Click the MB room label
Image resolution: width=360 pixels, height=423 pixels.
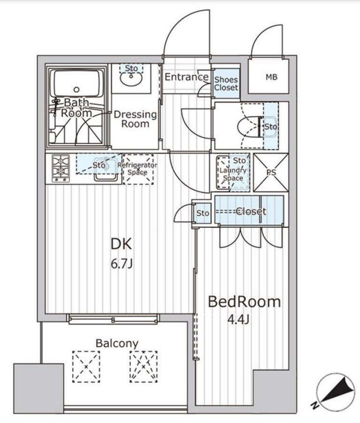pos(271,77)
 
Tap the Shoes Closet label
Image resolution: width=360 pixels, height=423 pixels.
pos(226,83)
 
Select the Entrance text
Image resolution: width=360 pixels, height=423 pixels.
pos(187,77)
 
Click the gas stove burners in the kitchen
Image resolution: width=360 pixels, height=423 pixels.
pos(60,168)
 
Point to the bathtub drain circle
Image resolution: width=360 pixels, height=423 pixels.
pos(77,90)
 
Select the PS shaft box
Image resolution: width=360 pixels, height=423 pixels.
pos(271,173)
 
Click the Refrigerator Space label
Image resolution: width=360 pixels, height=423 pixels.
pos(137,168)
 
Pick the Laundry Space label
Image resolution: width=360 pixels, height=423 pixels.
pos(233,174)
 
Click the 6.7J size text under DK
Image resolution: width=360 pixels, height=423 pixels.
pos(121,264)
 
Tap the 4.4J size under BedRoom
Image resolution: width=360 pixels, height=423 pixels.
pos(238,319)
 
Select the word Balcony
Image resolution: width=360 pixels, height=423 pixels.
pos(117,344)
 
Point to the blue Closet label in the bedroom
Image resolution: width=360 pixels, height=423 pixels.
pos(251,211)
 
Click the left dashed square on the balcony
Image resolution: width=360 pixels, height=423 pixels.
pos(86,366)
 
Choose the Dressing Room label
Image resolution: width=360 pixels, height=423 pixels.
pos(135,119)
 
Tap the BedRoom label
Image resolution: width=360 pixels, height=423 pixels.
pos(244,302)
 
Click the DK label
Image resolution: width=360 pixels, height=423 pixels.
pos(121,244)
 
